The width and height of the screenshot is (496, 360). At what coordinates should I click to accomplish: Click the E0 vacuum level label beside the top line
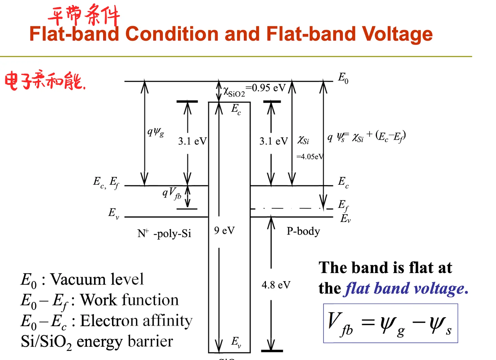pos(343,78)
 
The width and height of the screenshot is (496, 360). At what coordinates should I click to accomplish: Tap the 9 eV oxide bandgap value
pos(224,230)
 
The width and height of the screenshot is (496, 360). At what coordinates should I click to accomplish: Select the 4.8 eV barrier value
pos(276,285)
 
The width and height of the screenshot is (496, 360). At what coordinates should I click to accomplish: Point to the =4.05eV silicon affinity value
pos(310,157)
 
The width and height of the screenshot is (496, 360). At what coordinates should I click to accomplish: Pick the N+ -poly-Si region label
pos(164,233)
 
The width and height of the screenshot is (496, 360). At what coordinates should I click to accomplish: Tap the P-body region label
pos(303,231)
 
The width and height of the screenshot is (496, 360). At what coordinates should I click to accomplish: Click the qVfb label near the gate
pos(172,193)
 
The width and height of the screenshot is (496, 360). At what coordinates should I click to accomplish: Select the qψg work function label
pos(156,132)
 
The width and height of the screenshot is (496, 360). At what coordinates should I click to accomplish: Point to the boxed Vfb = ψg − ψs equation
pos(390,323)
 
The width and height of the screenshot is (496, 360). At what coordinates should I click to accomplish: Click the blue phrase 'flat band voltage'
pos(405,289)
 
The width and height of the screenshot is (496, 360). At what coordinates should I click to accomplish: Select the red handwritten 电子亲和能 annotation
pos(45,80)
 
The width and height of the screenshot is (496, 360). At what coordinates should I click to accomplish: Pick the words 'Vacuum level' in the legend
pos(97,279)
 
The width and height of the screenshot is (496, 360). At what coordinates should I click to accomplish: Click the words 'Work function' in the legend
pos(129,300)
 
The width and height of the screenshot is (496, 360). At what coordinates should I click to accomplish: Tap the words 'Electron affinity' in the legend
pos(136,321)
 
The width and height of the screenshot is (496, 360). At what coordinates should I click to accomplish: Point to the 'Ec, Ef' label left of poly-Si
pos(106,183)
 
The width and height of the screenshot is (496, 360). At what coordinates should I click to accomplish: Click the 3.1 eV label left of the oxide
pos(193,141)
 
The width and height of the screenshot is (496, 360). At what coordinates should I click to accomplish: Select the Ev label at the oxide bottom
pos(236,342)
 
